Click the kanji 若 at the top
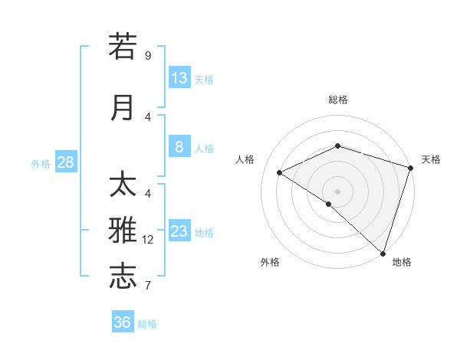click(123, 47)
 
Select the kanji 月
click(123, 108)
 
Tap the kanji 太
click(123, 185)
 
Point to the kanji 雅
click(123, 231)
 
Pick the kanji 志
click(123, 277)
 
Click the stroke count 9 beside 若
click(148, 55)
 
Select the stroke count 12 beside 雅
click(148, 240)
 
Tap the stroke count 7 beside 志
click(148, 286)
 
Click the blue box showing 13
click(179, 78)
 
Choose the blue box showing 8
click(179, 147)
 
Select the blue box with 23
click(179, 231)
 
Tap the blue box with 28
click(65, 162)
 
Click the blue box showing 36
click(123, 322)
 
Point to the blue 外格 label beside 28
click(40, 163)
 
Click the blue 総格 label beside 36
click(147, 324)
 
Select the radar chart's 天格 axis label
click(431, 159)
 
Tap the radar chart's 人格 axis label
click(245, 159)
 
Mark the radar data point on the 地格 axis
click(383, 254)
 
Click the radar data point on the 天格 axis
click(411, 168)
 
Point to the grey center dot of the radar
click(337, 191)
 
